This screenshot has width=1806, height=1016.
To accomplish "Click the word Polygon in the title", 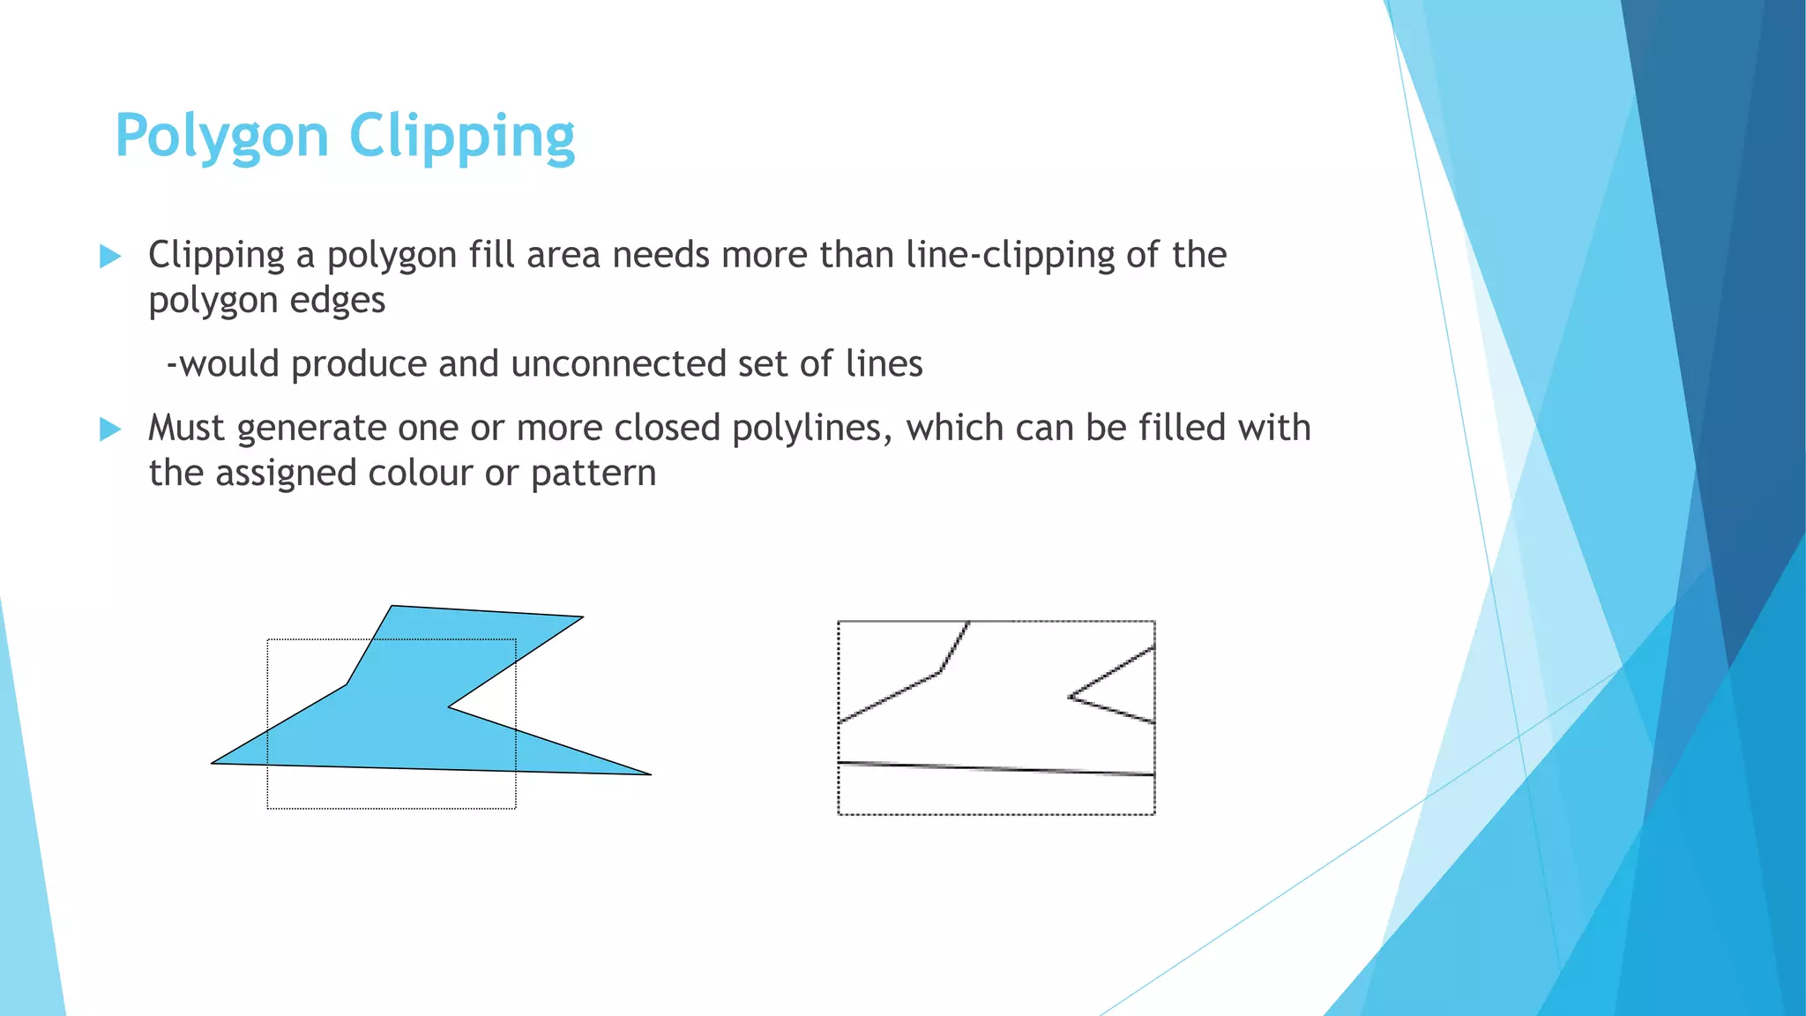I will (221, 138).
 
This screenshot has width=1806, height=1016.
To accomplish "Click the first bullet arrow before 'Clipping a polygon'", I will (110, 257).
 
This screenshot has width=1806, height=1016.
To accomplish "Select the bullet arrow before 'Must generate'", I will (110, 430).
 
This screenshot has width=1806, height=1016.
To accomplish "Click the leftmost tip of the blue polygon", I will (213, 763).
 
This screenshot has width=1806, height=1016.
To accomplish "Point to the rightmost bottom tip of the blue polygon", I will (649, 774).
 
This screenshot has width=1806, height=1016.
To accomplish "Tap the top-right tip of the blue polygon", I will (582, 617).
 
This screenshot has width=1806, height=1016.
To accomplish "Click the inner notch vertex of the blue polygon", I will (450, 706).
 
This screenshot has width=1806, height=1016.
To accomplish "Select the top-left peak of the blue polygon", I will (392, 606).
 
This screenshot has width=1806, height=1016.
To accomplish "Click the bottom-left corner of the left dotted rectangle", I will (268, 808).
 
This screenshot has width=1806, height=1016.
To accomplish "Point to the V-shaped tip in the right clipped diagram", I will (1071, 697).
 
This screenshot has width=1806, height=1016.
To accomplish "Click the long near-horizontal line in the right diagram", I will (996, 768).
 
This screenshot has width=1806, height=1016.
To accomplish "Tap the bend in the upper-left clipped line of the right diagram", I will (940, 672).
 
